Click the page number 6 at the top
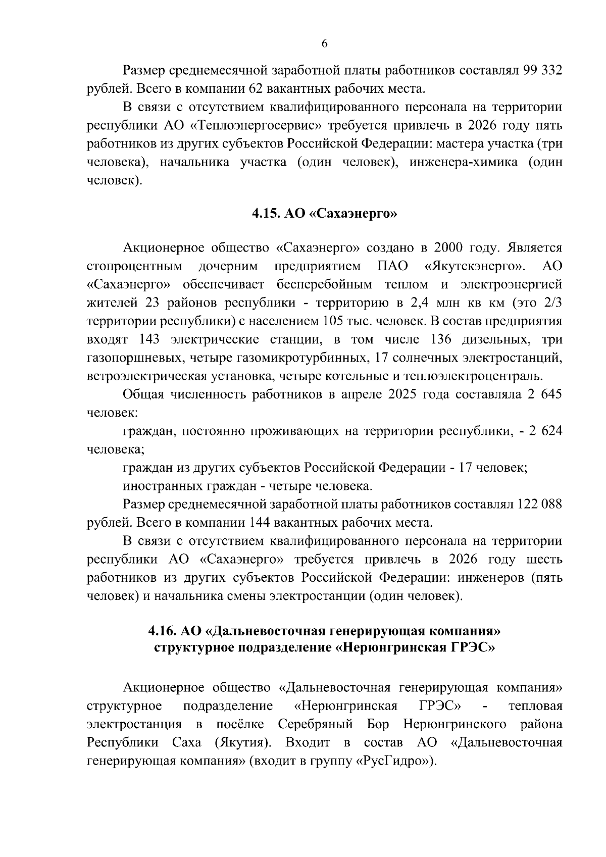(324, 44)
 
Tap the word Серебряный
(315, 724)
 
